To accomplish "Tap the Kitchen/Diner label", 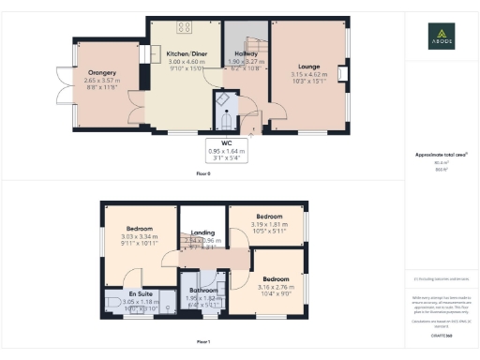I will tap(185, 54).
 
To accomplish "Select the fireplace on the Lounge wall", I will tap(344, 75).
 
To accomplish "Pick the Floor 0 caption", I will tap(203, 174).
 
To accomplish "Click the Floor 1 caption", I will tap(203, 342).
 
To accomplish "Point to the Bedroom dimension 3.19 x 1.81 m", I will tap(268, 224).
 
